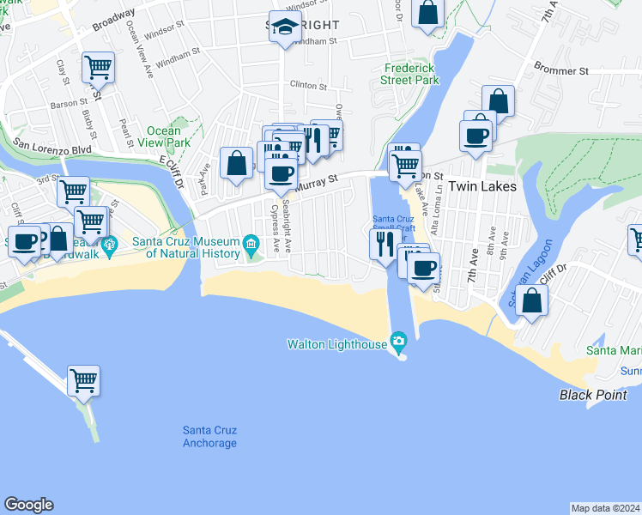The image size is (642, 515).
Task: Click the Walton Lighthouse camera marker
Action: point(398,343)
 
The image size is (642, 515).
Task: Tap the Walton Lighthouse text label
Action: point(337,343)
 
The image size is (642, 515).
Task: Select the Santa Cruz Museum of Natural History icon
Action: point(250,245)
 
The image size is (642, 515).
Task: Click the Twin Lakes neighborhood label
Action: point(488,186)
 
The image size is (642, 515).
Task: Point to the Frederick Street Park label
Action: point(410,74)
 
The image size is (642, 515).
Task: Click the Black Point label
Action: point(589,395)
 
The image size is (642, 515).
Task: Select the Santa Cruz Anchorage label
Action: point(209,436)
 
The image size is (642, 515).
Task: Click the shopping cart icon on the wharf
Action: point(83,379)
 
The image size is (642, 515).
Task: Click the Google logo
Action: point(28,505)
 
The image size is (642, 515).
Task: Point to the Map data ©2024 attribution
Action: point(605,507)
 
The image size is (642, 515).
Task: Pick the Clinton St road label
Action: point(309,86)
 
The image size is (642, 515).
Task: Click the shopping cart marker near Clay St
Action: point(99,67)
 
